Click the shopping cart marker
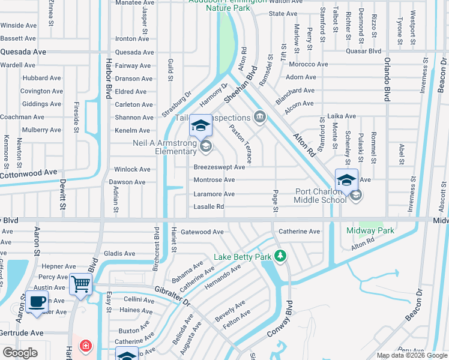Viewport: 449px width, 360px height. pos(80,284)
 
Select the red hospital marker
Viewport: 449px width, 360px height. pos(86,346)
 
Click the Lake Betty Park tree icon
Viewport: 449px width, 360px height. pos(279,256)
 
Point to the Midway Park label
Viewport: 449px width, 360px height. pos(370,230)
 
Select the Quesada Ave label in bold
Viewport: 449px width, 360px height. pos(23,52)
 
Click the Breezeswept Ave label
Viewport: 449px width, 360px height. pos(219,167)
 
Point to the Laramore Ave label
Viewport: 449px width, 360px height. pos(214,194)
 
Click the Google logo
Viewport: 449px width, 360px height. pos(20,353)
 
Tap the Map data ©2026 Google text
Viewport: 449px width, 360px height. pos(412,355)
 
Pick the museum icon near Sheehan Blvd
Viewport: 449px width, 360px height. pos(259,116)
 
